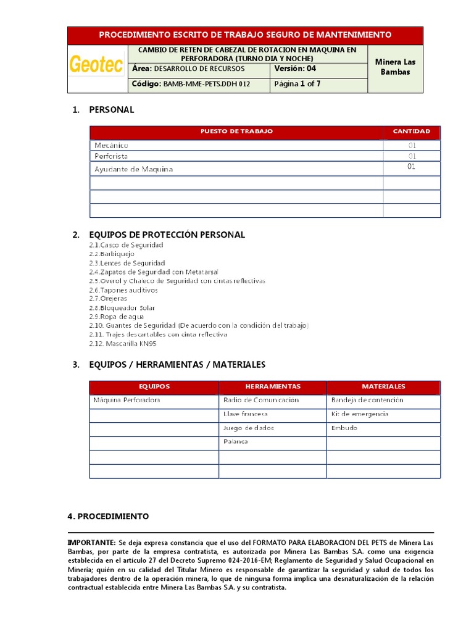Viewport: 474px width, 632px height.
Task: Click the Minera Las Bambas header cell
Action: coord(395,67)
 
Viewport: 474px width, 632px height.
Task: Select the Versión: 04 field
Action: coord(294,69)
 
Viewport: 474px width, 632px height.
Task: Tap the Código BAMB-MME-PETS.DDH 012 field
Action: coord(191,84)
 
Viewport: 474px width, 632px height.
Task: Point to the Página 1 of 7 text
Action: coord(297,84)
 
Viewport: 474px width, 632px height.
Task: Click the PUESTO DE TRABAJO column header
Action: coord(236,131)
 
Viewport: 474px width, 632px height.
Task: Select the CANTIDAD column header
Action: coord(412,131)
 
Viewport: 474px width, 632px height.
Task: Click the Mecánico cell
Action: coord(111,145)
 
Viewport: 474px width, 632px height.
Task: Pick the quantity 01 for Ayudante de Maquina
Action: coord(412,167)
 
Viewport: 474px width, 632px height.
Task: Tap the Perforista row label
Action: coord(111,157)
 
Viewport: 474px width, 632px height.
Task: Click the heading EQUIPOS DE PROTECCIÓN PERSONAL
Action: coord(167,235)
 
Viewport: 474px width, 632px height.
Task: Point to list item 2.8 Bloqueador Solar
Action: coord(122,307)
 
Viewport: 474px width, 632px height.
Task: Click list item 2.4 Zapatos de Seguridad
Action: coord(154,272)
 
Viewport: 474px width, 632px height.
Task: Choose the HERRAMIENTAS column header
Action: coord(273,386)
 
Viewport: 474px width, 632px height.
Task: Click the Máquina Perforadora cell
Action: coord(127,400)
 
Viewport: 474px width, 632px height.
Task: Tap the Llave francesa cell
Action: coord(245,414)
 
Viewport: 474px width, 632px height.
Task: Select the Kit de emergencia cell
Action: coord(360,414)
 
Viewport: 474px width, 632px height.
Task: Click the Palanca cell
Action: coord(235,442)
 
